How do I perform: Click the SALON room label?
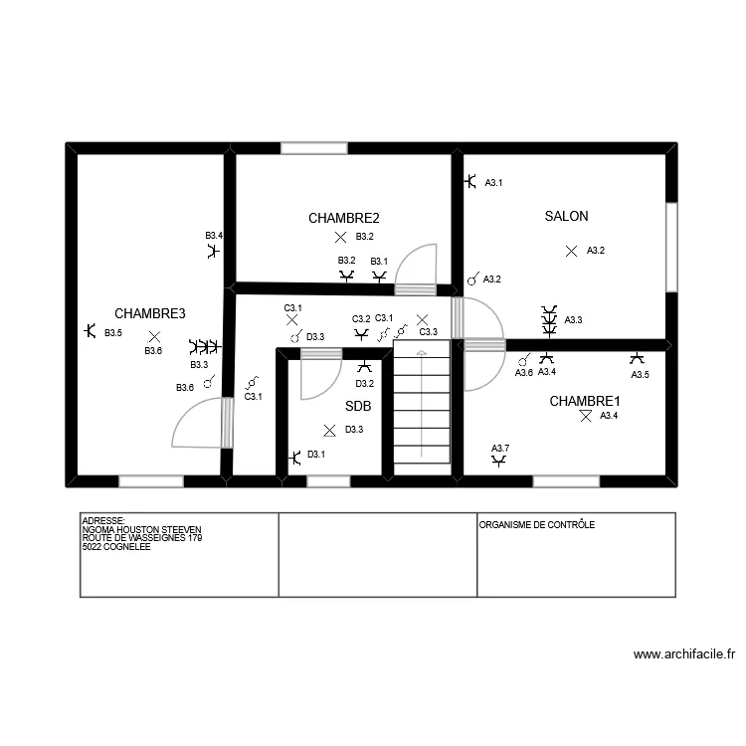pyautogui.click(x=566, y=216)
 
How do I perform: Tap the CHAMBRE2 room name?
pyautogui.click(x=343, y=218)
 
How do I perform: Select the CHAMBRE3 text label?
pyautogui.click(x=150, y=313)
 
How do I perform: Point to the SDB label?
pyautogui.click(x=358, y=406)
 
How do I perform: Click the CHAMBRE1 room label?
pyautogui.click(x=586, y=401)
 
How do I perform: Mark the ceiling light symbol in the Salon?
pyautogui.click(x=571, y=252)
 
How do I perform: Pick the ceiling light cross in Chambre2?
pyautogui.click(x=340, y=237)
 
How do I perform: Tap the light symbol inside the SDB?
pyautogui.click(x=329, y=430)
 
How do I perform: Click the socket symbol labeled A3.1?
pyautogui.click(x=470, y=182)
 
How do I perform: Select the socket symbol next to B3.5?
pyautogui.click(x=90, y=331)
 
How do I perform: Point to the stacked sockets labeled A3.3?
pyautogui.click(x=548, y=320)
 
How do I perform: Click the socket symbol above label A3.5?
pyautogui.click(x=637, y=358)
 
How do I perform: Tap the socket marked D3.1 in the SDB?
pyautogui.click(x=294, y=458)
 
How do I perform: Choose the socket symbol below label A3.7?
pyautogui.click(x=498, y=461)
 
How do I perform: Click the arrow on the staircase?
pyautogui.click(x=421, y=354)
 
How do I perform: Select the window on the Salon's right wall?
pyautogui.click(x=671, y=248)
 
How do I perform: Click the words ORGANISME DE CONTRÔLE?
pyautogui.click(x=536, y=524)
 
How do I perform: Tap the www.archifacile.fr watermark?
pyautogui.click(x=683, y=654)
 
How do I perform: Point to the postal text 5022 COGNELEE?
pyautogui.click(x=115, y=546)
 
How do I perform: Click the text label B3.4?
pyautogui.click(x=214, y=236)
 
